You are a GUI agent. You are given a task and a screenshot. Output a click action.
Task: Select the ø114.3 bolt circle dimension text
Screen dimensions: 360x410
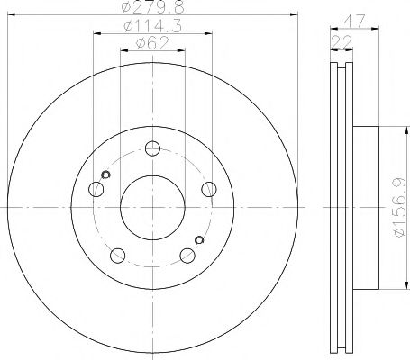(x=153, y=28)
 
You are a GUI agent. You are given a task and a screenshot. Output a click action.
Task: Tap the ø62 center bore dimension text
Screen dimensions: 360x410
(x=153, y=43)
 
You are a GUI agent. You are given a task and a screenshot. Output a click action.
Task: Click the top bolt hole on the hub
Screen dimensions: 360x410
(x=153, y=149)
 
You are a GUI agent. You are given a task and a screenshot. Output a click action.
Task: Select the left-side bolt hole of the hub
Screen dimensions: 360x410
(x=96, y=189)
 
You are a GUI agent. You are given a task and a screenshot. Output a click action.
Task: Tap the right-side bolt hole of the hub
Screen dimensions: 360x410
(x=209, y=188)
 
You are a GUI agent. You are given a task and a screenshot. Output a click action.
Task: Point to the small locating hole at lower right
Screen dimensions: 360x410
(x=199, y=239)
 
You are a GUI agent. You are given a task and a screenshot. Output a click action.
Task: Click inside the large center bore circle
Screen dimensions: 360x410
(x=152, y=208)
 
